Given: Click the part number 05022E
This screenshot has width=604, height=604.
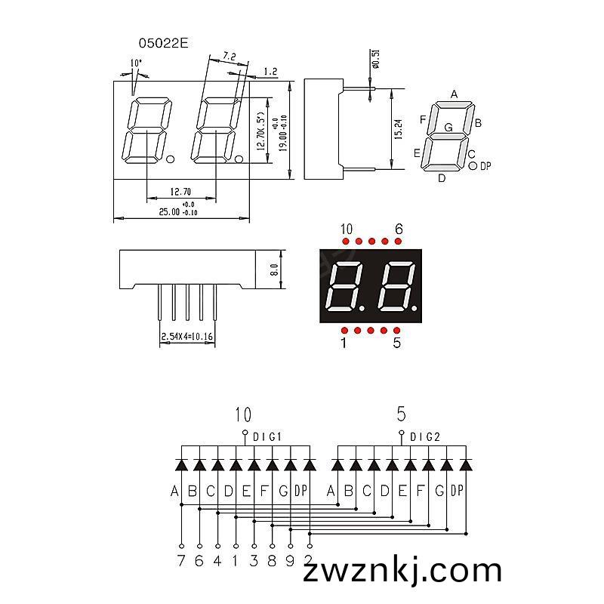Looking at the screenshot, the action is click(x=163, y=43).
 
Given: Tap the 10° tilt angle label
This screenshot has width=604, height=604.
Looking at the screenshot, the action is click(x=136, y=63).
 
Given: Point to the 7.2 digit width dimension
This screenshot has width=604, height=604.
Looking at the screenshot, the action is click(x=230, y=56).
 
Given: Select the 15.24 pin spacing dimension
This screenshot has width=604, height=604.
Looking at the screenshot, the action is click(x=399, y=129).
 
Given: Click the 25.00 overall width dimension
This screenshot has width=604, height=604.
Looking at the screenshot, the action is click(x=169, y=212).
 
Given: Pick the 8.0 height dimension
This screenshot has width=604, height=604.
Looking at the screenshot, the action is click(x=274, y=270).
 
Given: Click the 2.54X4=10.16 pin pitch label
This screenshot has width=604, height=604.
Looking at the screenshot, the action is click(x=186, y=336).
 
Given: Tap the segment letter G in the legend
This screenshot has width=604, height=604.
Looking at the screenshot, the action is click(x=448, y=127).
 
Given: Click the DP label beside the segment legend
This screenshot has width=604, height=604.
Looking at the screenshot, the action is click(x=485, y=166).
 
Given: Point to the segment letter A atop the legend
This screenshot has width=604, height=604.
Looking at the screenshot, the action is click(x=455, y=94).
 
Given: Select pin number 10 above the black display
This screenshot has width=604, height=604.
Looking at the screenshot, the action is click(x=347, y=230).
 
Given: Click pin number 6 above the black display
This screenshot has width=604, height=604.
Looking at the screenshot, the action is click(x=399, y=230).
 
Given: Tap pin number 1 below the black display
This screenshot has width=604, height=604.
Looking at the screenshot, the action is click(x=344, y=343).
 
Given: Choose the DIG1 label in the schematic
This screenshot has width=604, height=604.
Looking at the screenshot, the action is click(x=267, y=437).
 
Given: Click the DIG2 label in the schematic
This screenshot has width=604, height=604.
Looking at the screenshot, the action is click(x=424, y=437).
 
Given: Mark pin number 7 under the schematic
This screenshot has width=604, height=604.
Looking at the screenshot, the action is click(x=181, y=560).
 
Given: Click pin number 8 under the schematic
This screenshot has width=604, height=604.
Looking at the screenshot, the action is click(x=272, y=560).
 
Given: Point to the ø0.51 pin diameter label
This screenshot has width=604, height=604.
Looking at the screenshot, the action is click(x=376, y=59).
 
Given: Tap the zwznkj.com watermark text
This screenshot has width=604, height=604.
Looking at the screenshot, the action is click(x=402, y=571).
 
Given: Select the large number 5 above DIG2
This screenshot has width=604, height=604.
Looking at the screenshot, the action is click(x=402, y=414).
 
